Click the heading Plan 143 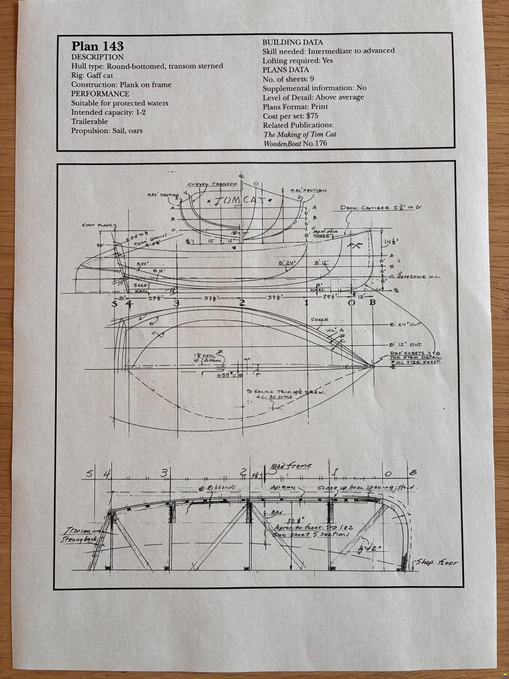98,46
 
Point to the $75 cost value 312,116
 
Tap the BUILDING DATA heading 293,42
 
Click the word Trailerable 90,121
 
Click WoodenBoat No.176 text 295,144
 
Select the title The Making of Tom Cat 300,134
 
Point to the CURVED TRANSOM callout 213,184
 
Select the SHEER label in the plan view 320,320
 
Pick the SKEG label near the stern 141,285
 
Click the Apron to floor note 309,527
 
